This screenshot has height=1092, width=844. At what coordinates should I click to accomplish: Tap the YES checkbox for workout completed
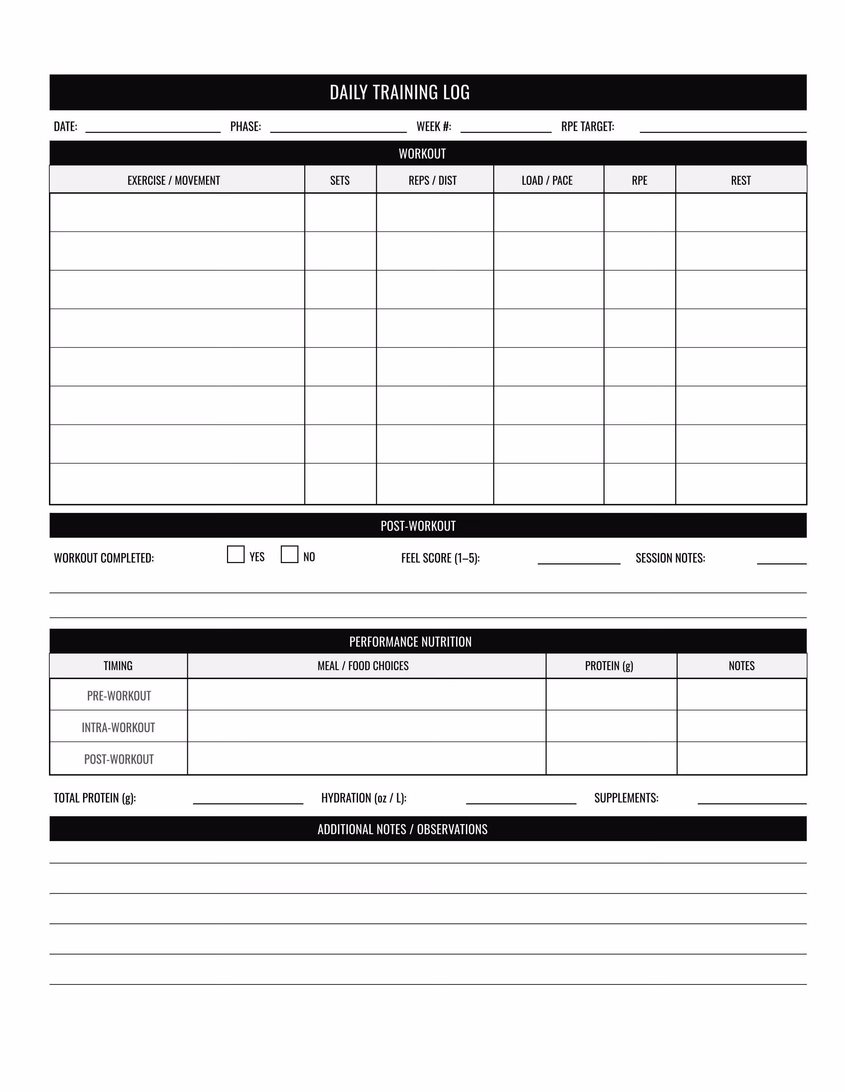pos(236,555)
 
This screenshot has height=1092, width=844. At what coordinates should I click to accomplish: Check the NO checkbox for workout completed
pos(290,555)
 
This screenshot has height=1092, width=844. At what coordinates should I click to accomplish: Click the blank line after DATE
pos(153,129)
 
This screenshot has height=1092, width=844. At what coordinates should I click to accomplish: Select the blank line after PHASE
pos(339,129)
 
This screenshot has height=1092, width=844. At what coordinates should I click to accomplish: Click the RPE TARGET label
pos(587,127)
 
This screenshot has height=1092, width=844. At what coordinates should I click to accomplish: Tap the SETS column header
pos(340,180)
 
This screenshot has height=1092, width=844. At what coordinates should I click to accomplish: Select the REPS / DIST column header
pos(433,180)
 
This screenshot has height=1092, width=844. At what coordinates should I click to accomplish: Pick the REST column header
pos(741,180)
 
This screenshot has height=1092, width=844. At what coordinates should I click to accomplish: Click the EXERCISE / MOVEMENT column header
pos(174,180)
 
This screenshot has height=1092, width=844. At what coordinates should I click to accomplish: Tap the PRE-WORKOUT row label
pos(119,695)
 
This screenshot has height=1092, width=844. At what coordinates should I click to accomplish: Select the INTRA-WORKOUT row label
pos(118,727)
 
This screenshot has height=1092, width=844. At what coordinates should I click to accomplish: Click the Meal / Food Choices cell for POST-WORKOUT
pos(367,758)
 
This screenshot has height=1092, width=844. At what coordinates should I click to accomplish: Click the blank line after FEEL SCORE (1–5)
pos(579,561)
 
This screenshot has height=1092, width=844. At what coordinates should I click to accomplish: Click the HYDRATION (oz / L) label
pos(363,798)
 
